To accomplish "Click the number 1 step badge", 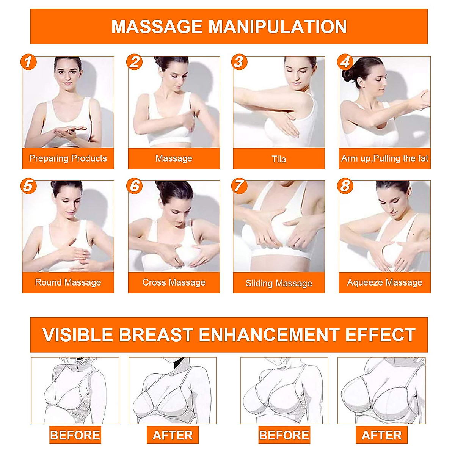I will click(x=28, y=62).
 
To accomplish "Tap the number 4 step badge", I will click(x=345, y=62).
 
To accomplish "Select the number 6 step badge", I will click(x=135, y=186).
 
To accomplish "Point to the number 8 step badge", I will click(x=345, y=186).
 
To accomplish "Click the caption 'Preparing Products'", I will click(x=68, y=158).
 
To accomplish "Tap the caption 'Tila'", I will click(x=279, y=159).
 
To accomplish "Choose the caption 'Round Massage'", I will click(x=68, y=282).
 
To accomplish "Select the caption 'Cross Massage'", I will click(x=174, y=282).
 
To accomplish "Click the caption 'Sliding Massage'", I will click(x=279, y=283).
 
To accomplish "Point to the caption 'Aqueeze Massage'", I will click(x=384, y=282).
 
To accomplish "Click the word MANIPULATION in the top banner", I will click(x=278, y=27).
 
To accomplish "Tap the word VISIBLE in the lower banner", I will click(x=78, y=335).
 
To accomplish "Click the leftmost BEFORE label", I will click(x=75, y=435).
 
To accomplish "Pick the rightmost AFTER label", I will click(x=381, y=435).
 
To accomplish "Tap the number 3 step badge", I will click(x=239, y=62).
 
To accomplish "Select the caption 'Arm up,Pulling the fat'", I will click(x=384, y=158).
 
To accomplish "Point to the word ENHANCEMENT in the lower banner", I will click(x=269, y=335).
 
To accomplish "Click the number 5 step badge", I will click(x=28, y=186).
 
